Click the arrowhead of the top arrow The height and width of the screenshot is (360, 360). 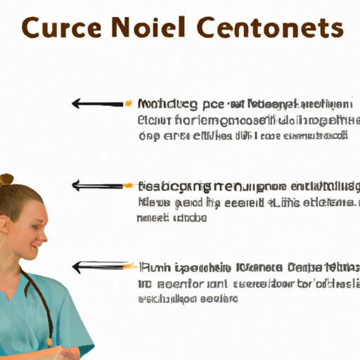click(75, 104)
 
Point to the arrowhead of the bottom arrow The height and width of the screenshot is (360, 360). click(75, 267)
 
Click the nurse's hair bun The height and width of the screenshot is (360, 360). click(7, 180)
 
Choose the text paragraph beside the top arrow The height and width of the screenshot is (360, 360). click(243, 120)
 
